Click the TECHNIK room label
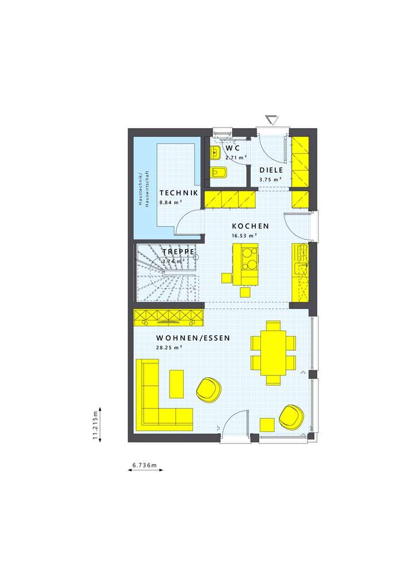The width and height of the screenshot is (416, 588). tap(179, 193)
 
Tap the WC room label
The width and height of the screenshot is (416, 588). tap(232, 148)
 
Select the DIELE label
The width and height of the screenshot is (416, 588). tap(270, 170)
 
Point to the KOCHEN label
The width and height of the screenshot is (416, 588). tap(251, 226)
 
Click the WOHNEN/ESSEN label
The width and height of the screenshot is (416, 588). tap(193, 338)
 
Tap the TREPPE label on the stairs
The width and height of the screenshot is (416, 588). tap(177, 252)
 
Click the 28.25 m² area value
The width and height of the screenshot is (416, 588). tap(169, 347)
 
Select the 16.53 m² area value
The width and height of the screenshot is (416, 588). tap(244, 235)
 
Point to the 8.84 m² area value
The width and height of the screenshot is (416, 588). tap(171, 202)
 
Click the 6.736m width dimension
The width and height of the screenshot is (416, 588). tap(145, 465)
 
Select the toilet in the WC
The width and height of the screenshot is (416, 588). tap(219, 172)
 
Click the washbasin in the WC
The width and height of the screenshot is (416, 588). tap(215, 152)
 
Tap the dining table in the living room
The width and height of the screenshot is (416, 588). tap(273, 352)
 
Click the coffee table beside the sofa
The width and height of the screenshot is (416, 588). tap(176, 383)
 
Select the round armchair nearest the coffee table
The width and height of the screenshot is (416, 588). tap(208, 389)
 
